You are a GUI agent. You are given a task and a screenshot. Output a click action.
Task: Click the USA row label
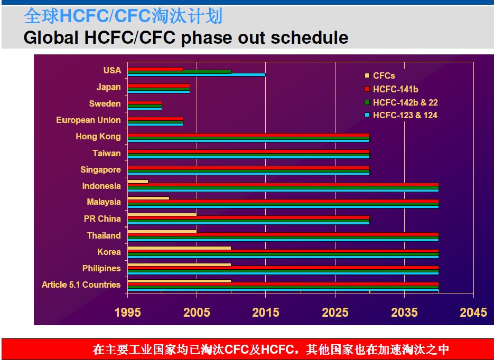[x=112, y=70]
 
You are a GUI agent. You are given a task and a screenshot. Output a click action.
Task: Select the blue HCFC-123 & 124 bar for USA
[x=197, y=74]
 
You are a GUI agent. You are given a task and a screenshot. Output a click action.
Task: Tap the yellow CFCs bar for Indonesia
[x=138, y=182]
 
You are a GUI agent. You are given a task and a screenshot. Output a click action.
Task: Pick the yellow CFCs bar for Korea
[x=179, y=248]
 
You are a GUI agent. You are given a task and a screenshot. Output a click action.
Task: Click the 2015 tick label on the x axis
[x=266, y=312]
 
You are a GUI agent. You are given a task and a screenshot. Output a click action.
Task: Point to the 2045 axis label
[x=473, y=312]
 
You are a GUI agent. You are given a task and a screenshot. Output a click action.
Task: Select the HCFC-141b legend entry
[x=392, y=89]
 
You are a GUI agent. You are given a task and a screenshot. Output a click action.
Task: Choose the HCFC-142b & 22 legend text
[x=405, y=102]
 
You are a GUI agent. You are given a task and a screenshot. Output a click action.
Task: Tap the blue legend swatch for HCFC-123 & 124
[x=367, y=115]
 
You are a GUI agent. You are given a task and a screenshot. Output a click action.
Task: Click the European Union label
[x=88, y=120]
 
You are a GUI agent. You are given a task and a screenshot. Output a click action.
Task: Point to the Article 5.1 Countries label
[x=81, y=285]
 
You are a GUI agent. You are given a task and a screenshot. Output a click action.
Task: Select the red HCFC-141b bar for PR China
[x=248, y=217]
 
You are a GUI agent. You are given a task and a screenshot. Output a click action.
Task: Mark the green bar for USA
[x=179, y=72]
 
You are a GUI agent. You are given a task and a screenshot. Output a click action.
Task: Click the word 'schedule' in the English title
[x=310, y=37]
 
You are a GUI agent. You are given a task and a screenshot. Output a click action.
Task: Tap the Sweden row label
[x=105, y=103]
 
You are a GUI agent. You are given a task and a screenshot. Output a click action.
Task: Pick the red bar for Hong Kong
[x=248, y=135]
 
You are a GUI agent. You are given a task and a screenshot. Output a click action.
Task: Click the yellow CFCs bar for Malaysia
[x=148, y=198]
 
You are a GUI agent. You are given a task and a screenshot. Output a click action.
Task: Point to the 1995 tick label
[x=128, y=312]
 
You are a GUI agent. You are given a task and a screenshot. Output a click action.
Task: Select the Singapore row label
[x=100, y=169]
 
